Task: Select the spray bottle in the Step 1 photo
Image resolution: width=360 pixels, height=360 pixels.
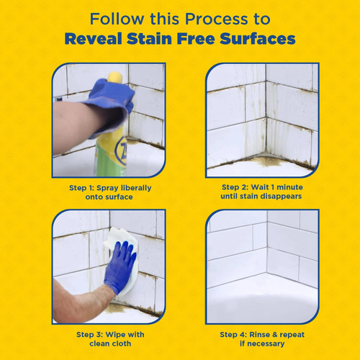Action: point(115,148)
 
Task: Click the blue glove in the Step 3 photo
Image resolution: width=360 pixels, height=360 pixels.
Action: point(120,266)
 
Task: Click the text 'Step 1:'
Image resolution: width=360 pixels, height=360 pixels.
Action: point(85,186)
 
